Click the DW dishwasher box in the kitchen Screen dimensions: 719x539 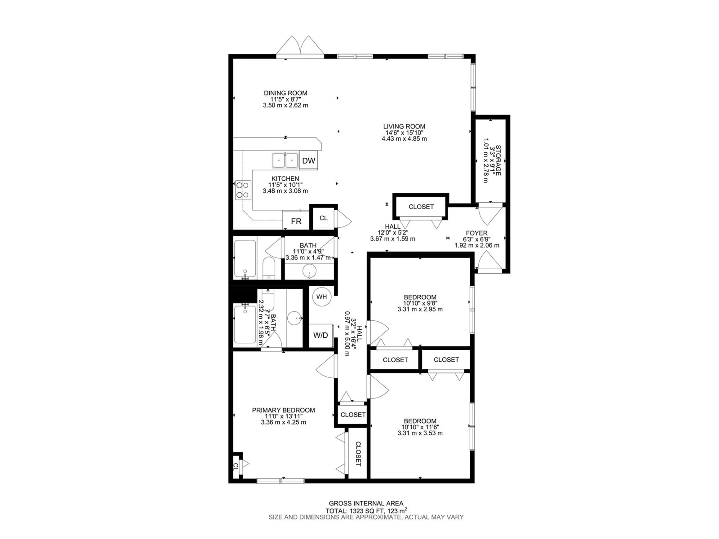tap(308, 161)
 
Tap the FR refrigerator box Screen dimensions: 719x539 tap(296, 221)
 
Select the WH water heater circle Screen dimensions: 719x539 tap(321, 297)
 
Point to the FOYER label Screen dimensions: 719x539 tap(477, 233)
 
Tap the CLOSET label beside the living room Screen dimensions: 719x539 tap(421, 207)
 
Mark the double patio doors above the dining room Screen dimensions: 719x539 tap(300, 47)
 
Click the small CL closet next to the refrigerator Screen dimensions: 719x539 tap(323, 218)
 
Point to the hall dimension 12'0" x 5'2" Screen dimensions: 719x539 tap(393, 233)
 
